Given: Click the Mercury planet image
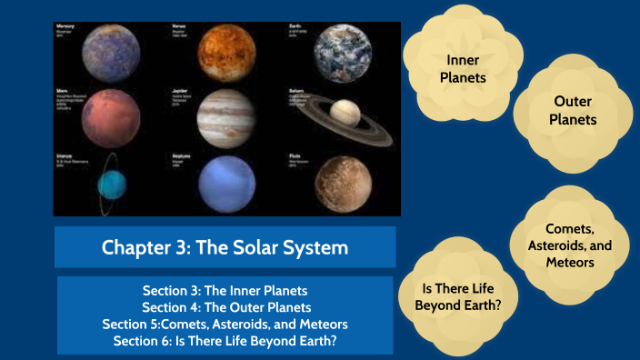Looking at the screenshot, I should [109, 53].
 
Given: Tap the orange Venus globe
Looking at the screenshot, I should [225, 52].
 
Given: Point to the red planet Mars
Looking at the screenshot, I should [110, 118].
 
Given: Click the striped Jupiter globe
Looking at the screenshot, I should [225, 117].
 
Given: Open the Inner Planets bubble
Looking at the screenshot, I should [463, 69].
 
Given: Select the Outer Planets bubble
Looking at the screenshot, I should [575, 110].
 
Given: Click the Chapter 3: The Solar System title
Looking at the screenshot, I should [225, 247].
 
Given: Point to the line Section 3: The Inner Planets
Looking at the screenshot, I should [225, 291].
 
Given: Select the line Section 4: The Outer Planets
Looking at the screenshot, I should [225, 307].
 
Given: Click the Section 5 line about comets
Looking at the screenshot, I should [225, 324].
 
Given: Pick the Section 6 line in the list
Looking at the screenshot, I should [225, 340].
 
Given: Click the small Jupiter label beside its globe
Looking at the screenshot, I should [182, 92].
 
